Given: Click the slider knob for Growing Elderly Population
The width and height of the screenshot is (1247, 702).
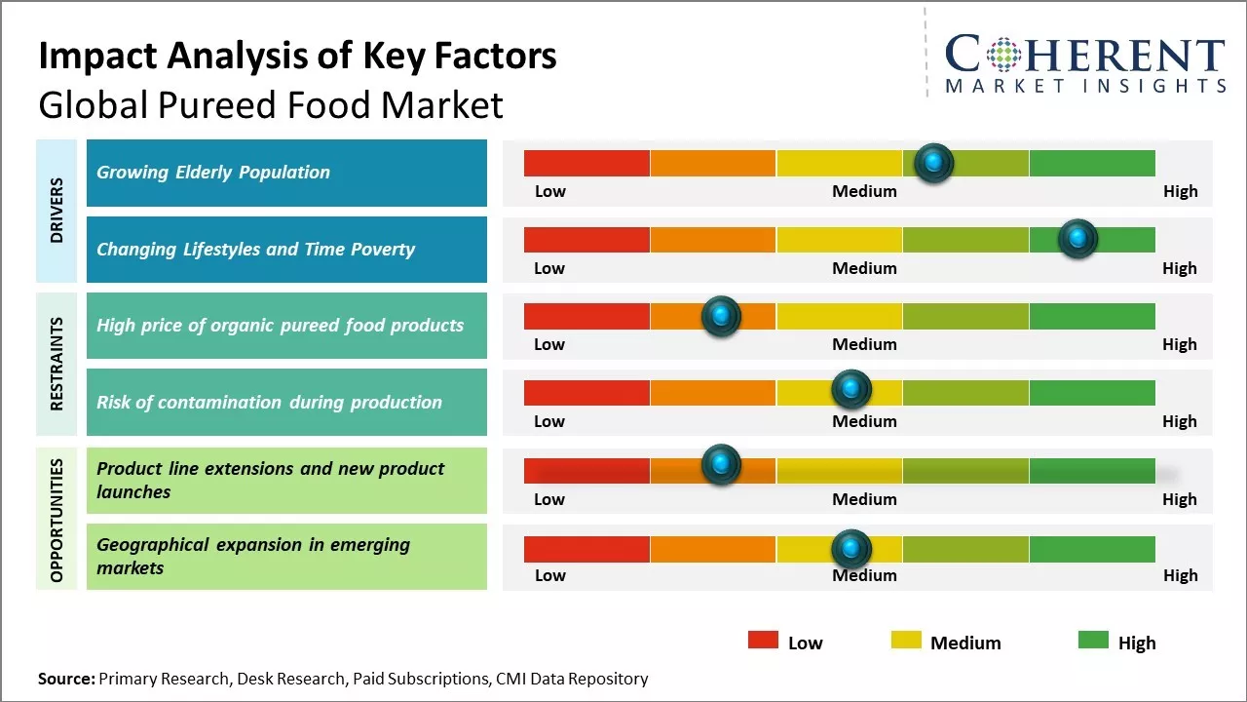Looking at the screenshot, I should pos(934,163).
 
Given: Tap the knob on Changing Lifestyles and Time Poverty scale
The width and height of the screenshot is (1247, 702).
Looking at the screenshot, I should pos(1077,239).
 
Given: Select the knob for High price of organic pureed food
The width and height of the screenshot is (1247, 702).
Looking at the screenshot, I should pos(721,316).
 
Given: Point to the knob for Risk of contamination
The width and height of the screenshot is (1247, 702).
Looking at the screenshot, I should pos(851,390).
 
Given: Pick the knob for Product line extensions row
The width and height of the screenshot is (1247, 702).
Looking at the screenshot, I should pos(721,465).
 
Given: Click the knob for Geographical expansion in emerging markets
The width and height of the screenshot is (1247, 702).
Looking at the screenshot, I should pos(851,549).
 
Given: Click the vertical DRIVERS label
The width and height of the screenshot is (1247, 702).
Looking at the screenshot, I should pos(57,210).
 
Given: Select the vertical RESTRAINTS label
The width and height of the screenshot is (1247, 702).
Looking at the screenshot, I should pos(57,364).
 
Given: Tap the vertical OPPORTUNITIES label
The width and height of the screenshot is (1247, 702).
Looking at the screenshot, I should pos(57,520).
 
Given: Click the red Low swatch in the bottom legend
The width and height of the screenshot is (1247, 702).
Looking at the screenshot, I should pos(763,641).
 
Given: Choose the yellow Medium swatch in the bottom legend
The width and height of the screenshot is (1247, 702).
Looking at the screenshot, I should pos(906,641).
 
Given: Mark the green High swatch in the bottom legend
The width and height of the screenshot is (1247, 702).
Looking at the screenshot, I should pos(1093,641).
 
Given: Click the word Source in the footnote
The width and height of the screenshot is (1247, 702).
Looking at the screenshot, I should pos(65,679).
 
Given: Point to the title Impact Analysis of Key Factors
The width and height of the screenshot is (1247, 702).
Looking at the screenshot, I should pos(297,57).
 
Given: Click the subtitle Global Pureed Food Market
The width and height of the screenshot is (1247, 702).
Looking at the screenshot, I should pos(270,104).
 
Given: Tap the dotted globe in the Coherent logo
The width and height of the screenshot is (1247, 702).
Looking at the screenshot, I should pos(1003,56).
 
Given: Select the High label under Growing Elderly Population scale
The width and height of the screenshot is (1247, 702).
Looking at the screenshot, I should pos(1180,191).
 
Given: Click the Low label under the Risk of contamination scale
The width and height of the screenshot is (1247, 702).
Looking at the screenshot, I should pos(549,421).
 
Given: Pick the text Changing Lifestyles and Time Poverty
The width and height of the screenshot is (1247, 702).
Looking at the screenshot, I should pos(255,250).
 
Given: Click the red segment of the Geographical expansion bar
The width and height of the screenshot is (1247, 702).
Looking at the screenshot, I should pos(586,549).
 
